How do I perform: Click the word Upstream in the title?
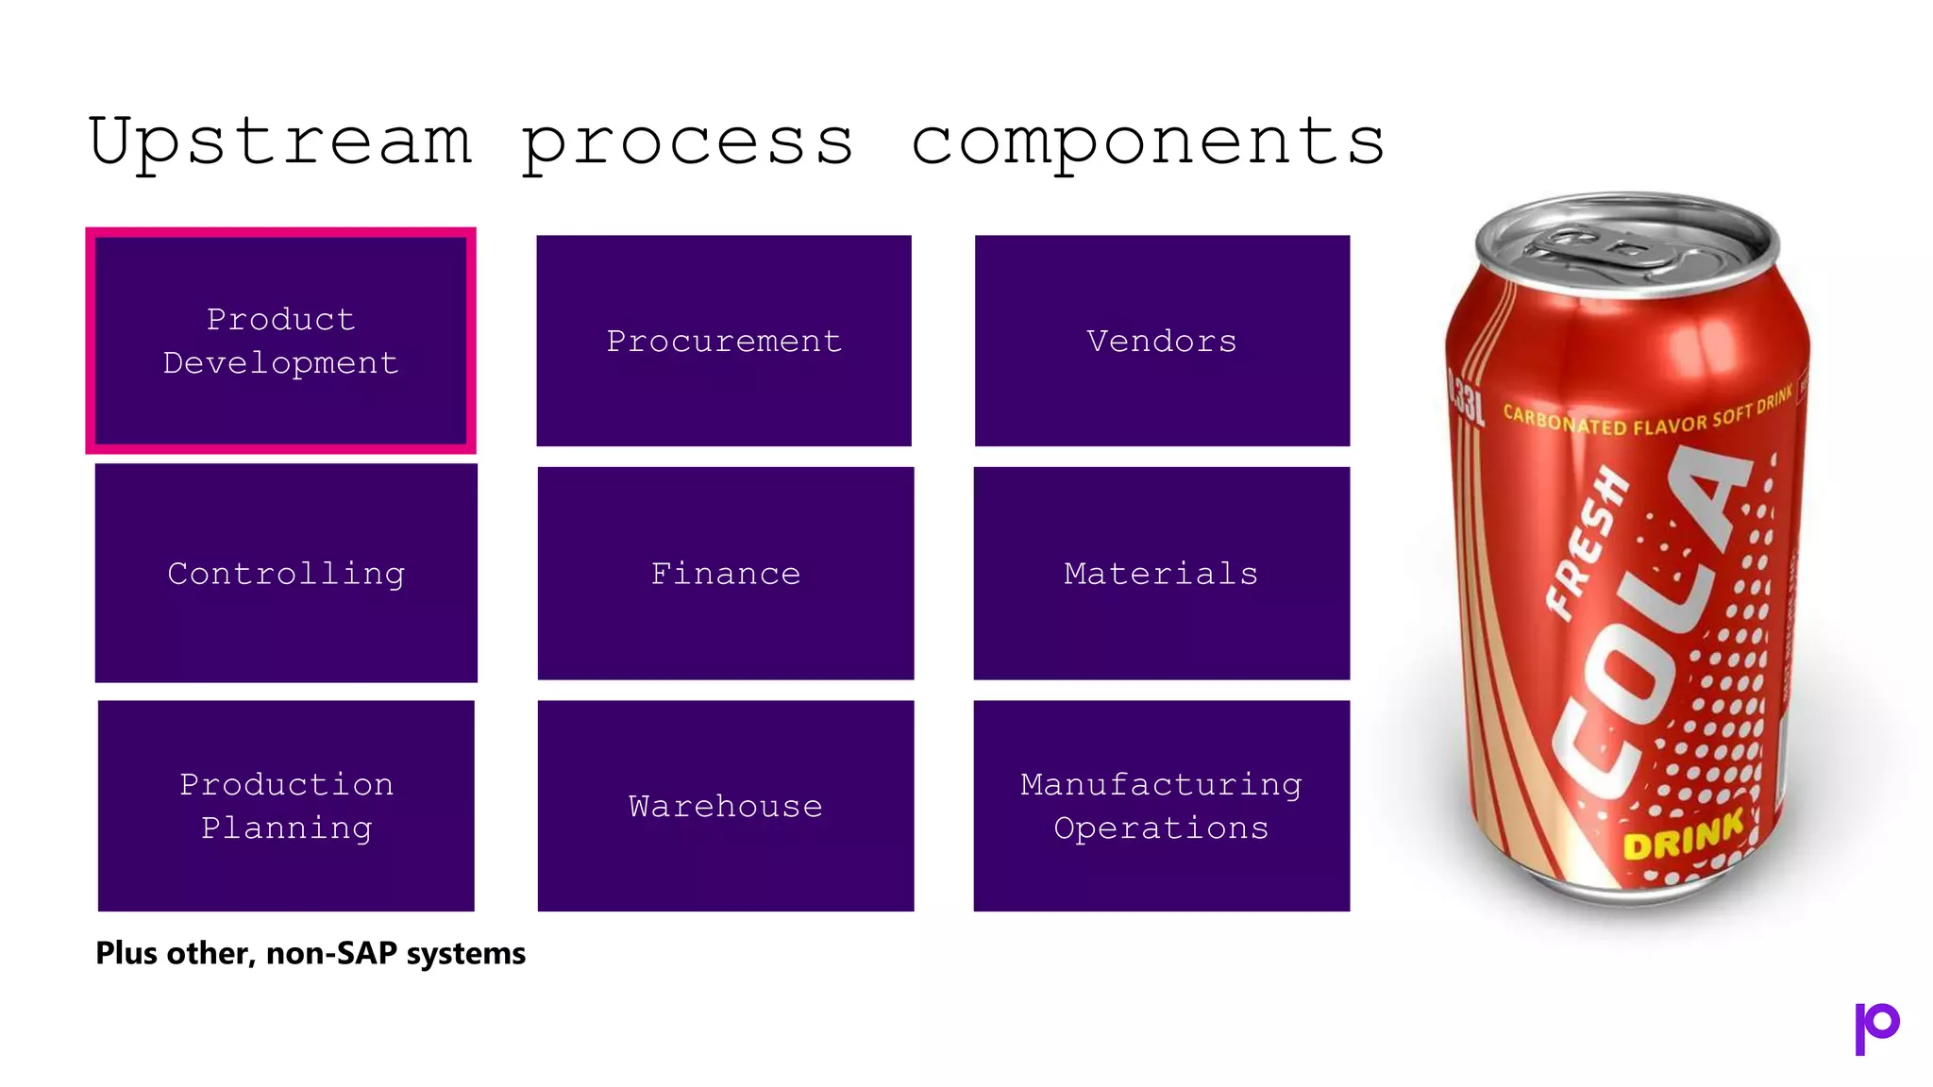click(280, 142)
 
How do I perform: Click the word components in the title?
click(1147, 142)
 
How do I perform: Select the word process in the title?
click(687, 142)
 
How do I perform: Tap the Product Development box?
click(280, 341)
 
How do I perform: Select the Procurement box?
click(724, 341)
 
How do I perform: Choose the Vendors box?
click(1162, 341)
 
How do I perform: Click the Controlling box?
click(286, 573)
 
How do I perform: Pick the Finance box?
click(726, 573)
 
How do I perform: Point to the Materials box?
click(1162, 573)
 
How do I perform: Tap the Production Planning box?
click(286, 806)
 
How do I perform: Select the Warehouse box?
click(726, 806)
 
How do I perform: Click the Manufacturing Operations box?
click(1162, 806)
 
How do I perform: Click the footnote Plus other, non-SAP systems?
click(311, 953)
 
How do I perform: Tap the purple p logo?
click(1876, 1028)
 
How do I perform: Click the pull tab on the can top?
click(1595, 243)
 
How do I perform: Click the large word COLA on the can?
click(1652, 623)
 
